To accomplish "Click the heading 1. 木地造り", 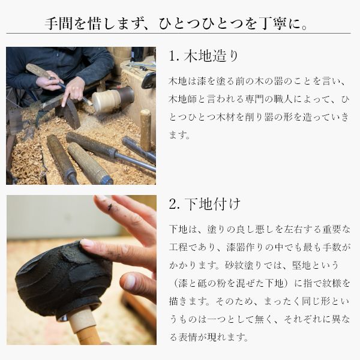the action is (204, 56).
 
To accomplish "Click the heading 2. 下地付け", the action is (205, 204).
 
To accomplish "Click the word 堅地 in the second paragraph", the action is (301, 265).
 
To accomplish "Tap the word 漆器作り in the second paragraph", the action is (245, 247).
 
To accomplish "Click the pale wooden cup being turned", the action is (107, 100).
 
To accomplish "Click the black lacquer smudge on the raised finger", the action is (109, 207).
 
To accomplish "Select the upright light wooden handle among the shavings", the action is (146, 130).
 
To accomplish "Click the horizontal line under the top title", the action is (178, 34).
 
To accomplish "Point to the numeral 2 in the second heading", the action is (172, 205).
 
